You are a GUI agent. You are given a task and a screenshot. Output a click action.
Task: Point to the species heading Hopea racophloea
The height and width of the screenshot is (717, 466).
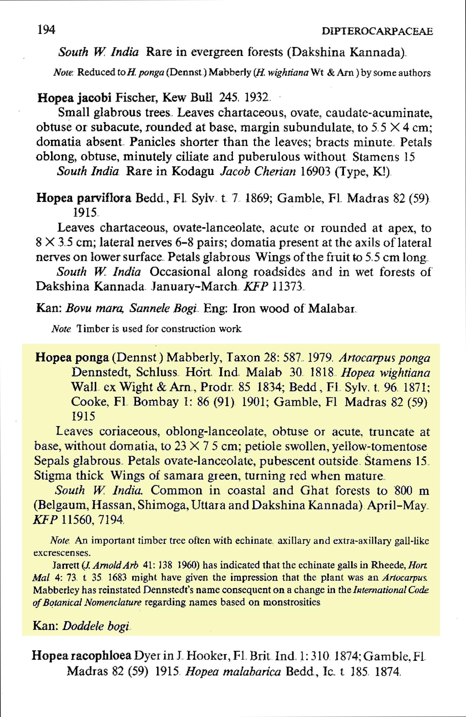pyautogui.click(x=82, y=655)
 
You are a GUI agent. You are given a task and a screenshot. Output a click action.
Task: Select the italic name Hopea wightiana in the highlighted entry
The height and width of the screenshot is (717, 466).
pyautogui.click(x=386, y=373)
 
